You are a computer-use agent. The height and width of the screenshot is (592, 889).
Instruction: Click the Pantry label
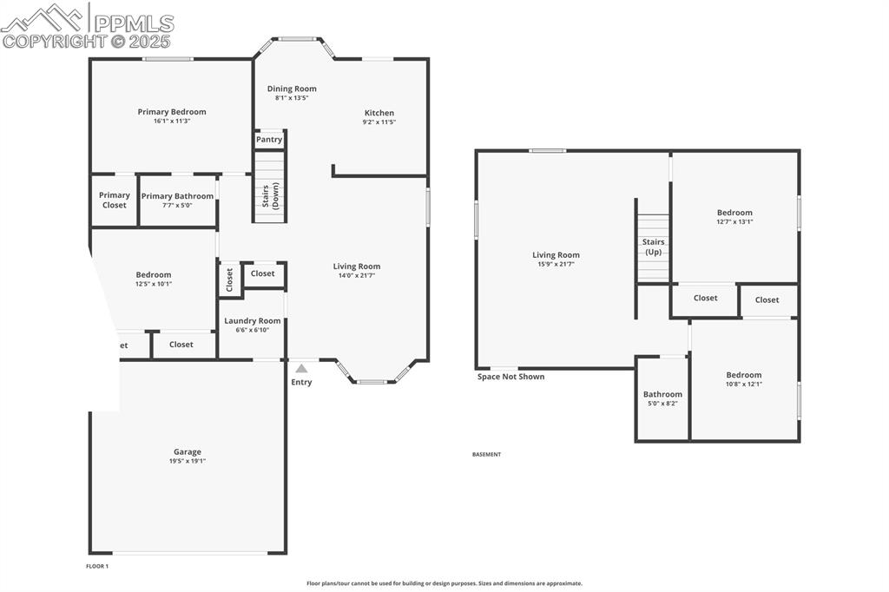(269, 140)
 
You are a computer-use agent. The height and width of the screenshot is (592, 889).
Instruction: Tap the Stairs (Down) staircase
(270, 186)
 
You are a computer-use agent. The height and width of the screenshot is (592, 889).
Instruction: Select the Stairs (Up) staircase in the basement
(653, 247)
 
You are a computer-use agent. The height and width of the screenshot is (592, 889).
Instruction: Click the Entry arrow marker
(301, 369)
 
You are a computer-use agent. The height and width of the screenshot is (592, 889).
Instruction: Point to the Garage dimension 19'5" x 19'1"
(188, 462)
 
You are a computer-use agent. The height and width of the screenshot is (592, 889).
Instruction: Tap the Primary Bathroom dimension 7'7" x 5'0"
(177, 207)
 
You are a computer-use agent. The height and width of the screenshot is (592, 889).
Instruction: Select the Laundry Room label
(253, 321)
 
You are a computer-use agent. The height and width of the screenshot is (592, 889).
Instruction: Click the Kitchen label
(379, 113)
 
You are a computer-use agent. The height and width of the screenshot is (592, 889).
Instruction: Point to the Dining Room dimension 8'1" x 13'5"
(292, 98)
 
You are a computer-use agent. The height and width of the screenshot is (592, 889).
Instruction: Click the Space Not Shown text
(511, 377)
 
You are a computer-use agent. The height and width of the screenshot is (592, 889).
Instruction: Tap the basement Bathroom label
(662, 394)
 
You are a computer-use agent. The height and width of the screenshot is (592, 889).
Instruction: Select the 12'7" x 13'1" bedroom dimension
(734, 222)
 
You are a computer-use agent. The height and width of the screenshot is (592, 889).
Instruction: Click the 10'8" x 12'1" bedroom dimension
(744, 385)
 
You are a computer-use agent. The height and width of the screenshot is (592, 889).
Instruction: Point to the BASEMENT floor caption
(486, 454)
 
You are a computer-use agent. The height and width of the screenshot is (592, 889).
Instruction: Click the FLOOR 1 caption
(97, 566)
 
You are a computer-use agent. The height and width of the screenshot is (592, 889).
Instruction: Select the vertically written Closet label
(230, 280)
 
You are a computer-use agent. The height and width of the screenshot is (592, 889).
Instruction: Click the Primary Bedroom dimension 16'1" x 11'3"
(172, 122)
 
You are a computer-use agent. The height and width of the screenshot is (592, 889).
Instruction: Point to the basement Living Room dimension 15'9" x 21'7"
(556, 264)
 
